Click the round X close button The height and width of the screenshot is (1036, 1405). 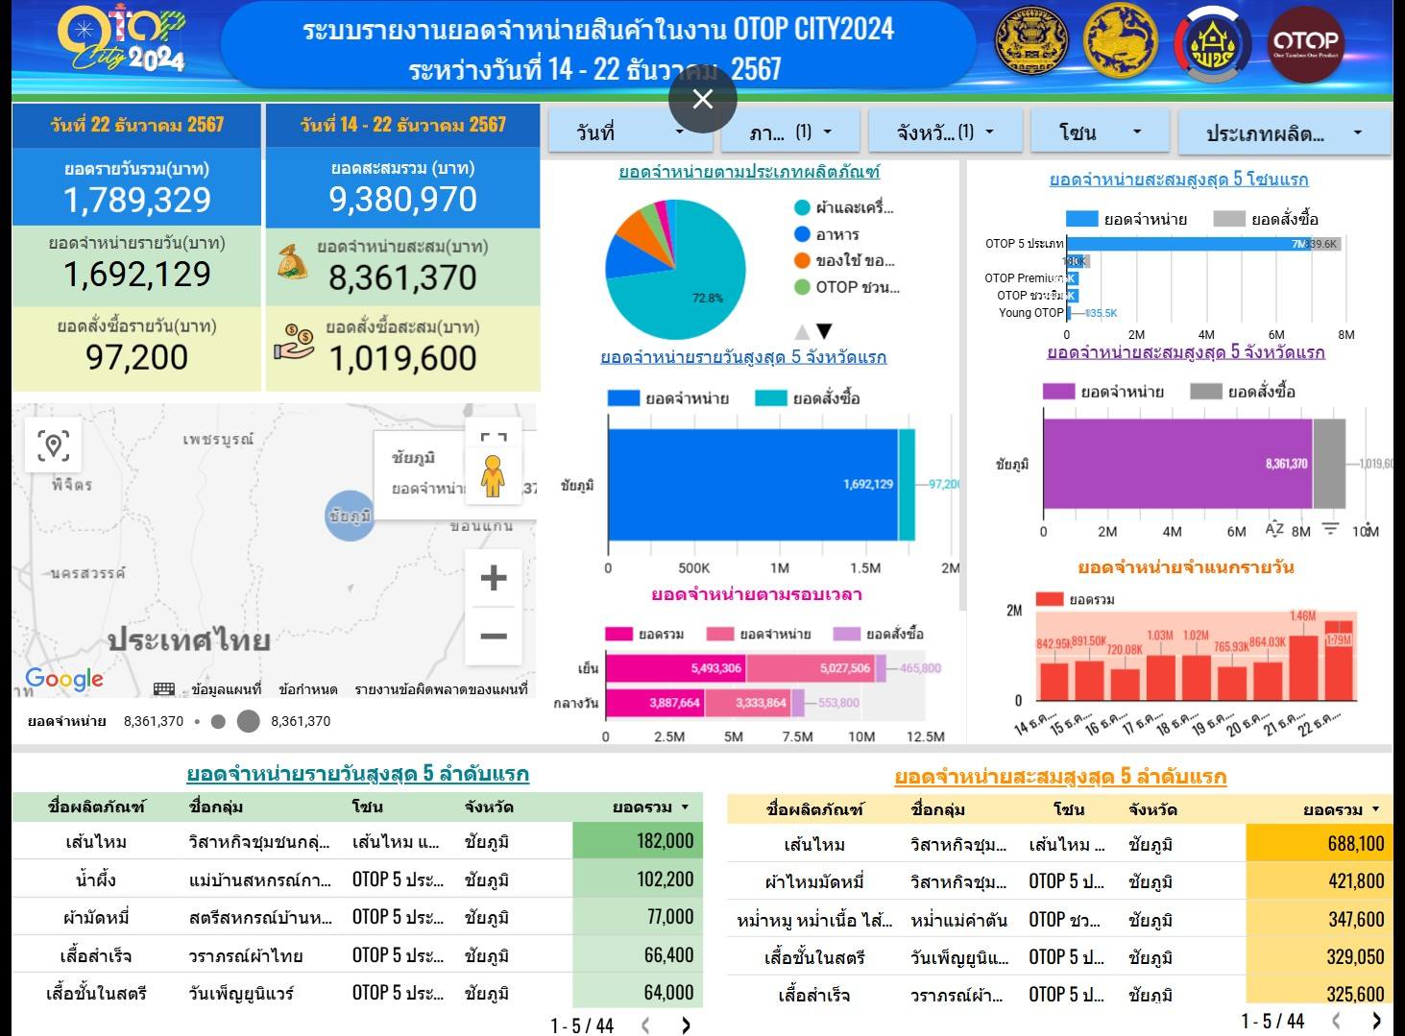tap(702, 99)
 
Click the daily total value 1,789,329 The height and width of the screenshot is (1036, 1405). tap(136, 200)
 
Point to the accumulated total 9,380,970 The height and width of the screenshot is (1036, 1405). tap(402, 199)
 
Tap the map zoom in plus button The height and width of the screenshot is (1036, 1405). tap(493, 577)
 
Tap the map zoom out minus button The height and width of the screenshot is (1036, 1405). tap(493, 636)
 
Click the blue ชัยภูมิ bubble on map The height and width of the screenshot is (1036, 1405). tap(350, 516)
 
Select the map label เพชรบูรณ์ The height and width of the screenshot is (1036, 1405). tap(218, 440)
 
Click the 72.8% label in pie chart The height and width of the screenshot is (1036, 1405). tap(707, 298)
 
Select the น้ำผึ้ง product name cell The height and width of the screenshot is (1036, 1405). tap(95, 879)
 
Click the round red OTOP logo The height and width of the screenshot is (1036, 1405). tap(1304, 42)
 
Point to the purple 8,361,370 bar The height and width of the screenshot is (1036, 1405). tap(1177, 464)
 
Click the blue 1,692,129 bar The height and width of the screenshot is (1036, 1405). tap(752, 484)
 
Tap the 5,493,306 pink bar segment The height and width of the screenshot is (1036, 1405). tap(675, 668)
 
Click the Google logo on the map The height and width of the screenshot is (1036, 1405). tap(64, 679)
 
